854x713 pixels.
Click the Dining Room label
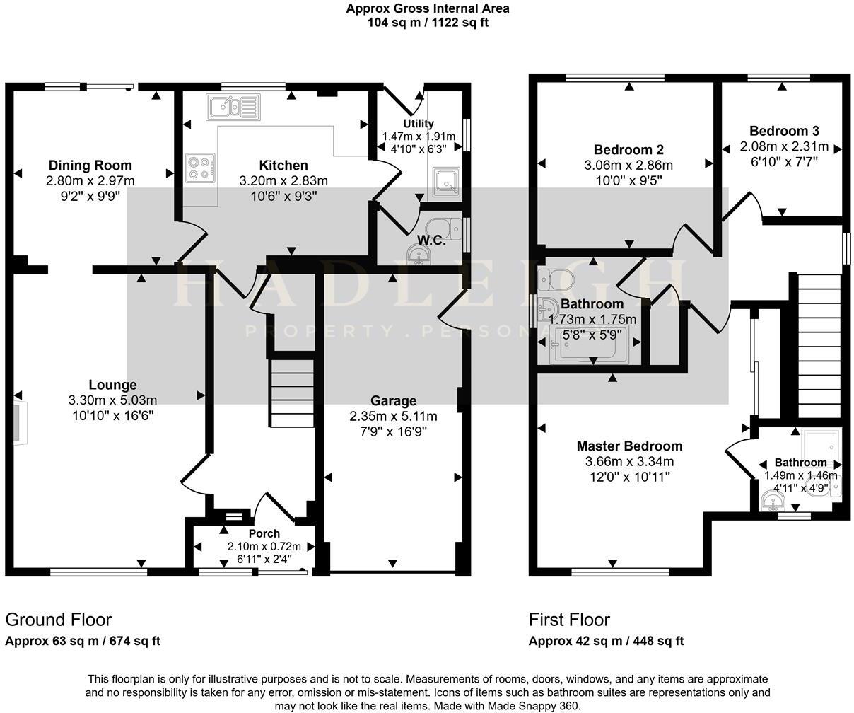90,166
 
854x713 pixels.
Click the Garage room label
393,400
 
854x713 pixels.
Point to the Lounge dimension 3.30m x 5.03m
112,400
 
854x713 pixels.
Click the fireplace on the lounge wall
18,424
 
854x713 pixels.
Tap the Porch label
264,533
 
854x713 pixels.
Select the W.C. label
431,240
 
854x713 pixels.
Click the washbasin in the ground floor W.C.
419,253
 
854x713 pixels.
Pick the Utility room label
419,124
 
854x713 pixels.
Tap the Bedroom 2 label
628,150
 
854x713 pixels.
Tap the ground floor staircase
292,389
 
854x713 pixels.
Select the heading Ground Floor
59,620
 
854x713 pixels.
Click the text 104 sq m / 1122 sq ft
428,22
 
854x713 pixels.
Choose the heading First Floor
569,620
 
